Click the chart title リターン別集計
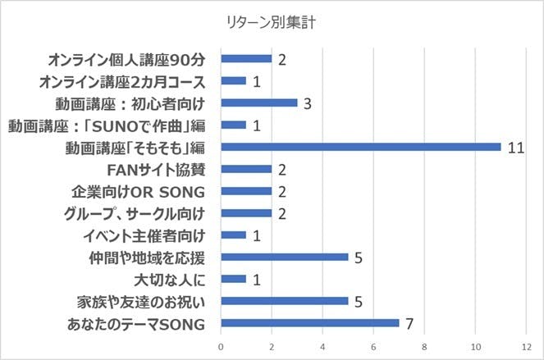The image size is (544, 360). [x=272, y=22]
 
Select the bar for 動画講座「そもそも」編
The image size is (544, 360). [x=361, y=147]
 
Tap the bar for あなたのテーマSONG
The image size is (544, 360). [x=310, y=323]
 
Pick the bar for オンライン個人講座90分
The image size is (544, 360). [x=246, y=59]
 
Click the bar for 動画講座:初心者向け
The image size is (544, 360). [x=259, y=103]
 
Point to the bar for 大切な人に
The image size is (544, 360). [x=234, y=279]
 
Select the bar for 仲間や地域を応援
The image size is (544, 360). [x=285, y=257]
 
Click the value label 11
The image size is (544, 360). [x=514, y=147]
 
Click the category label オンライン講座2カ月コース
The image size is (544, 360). [x=121, y=81]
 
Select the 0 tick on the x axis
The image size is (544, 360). [x=221, y=348]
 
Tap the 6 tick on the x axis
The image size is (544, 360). [x=374, y=348]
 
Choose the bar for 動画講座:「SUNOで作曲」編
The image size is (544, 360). [x=234, y=125]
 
